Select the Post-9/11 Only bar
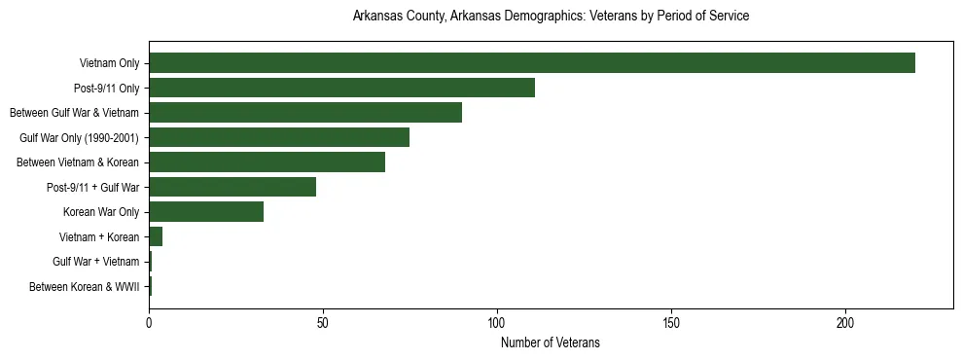coord(341,88)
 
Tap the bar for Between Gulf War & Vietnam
coord(305,113)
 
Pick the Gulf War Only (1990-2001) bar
coord(279,137)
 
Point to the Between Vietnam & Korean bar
coord(267,162)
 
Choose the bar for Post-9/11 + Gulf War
coord(232,187)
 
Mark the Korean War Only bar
coord(206,212)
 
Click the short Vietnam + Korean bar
coord(156,236)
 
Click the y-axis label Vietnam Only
coord(110,64)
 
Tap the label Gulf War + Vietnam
coord(96,262)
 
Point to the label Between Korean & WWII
coord(85,287)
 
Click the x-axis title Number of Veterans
coord(551,342)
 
